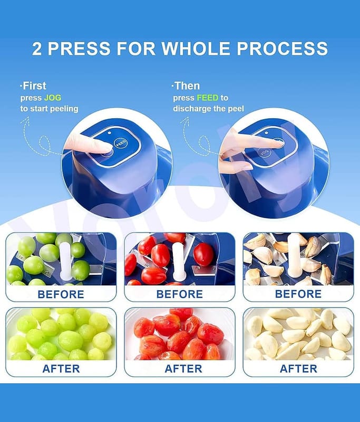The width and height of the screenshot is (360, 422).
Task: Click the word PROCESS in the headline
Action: click(x=282, y=49)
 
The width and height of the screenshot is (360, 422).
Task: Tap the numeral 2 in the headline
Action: click(x=37, y=49)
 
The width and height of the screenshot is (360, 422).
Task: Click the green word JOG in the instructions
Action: click(x=52, y=98)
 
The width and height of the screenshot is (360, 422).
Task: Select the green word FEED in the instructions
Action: click(x=207, y=98)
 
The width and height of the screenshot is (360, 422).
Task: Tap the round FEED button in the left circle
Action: click(x=121, y=143)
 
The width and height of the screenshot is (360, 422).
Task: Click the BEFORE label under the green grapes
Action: click(x=61, y=294)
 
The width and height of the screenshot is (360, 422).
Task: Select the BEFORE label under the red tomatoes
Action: click(x=180, y=294)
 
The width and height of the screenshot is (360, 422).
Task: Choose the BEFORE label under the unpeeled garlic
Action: click(x=298, y=294)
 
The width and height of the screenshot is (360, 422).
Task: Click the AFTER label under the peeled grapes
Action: click(x=61, y=369)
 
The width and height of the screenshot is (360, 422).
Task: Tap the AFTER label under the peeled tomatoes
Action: click(x=183, y=369)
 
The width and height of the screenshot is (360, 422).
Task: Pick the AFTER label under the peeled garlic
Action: click(x=298, y=369)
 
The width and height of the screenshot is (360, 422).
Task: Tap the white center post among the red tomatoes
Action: click(x=179, y=261)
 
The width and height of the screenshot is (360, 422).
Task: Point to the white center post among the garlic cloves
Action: click(x=295, y=255)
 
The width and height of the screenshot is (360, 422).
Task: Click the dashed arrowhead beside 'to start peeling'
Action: click(x=25, y=122)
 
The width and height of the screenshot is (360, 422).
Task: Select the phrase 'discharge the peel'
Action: click(x=208, y=109)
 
